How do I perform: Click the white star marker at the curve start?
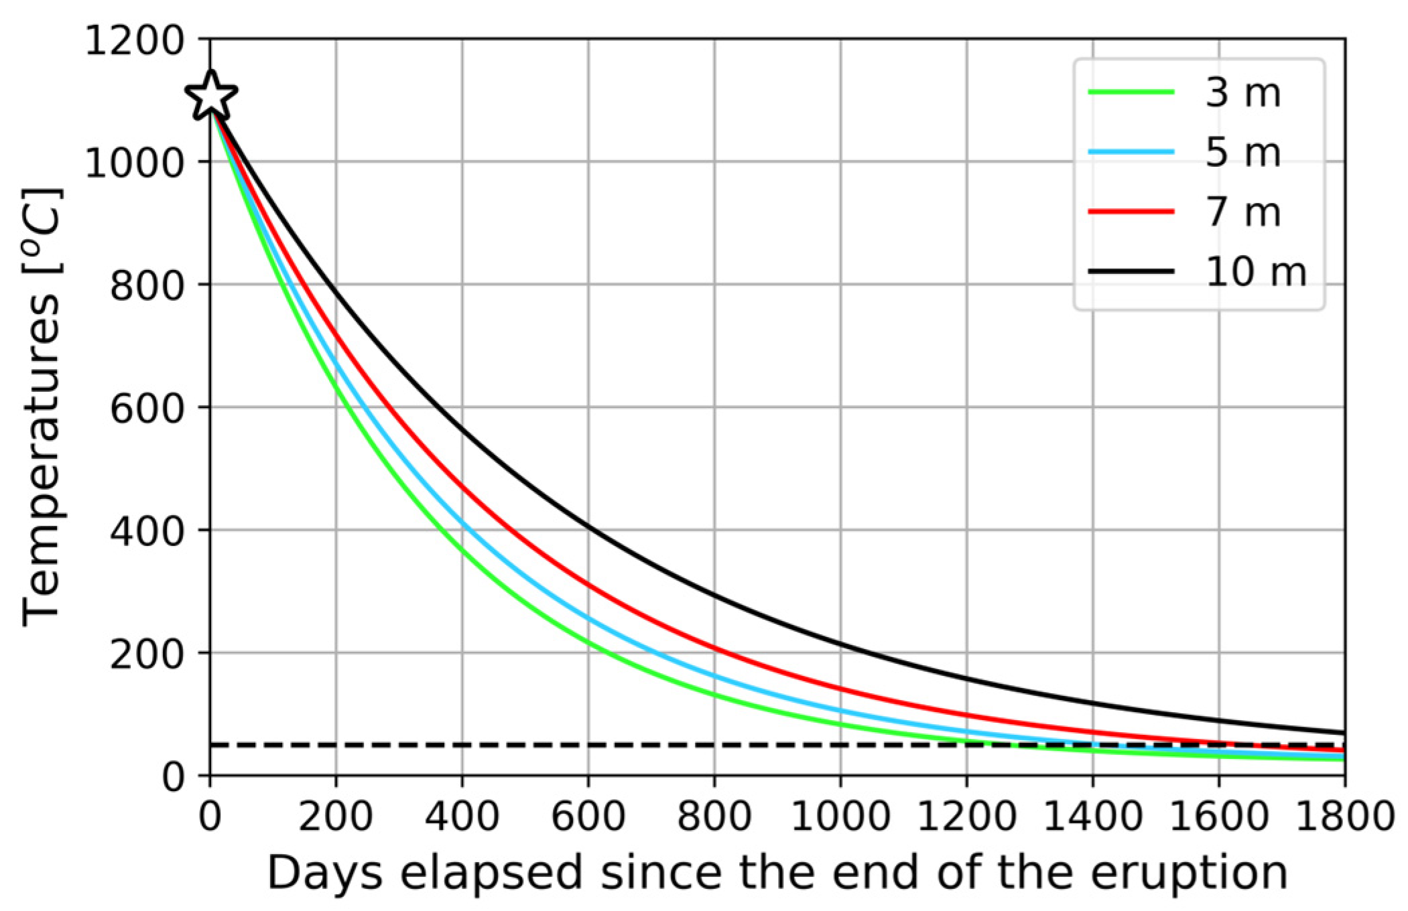click(x=210, y=96)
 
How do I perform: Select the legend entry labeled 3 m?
click(x=1242, y=92)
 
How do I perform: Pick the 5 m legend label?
click(x=1242, y=152)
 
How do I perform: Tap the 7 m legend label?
click(x=1242, y=212)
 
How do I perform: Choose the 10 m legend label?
click(x=1255, y=271)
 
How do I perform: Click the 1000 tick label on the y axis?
click(x=135, y=162)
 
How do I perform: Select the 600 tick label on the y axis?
click(x=146, y=407)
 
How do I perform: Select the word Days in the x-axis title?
click(x=324, y=873)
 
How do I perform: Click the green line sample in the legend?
click(x=1131, y=92)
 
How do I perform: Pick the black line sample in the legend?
click(x=1131, y=271)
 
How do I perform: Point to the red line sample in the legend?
click(x=1131, y=212)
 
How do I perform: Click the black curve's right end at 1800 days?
click(x=1343, y=732)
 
